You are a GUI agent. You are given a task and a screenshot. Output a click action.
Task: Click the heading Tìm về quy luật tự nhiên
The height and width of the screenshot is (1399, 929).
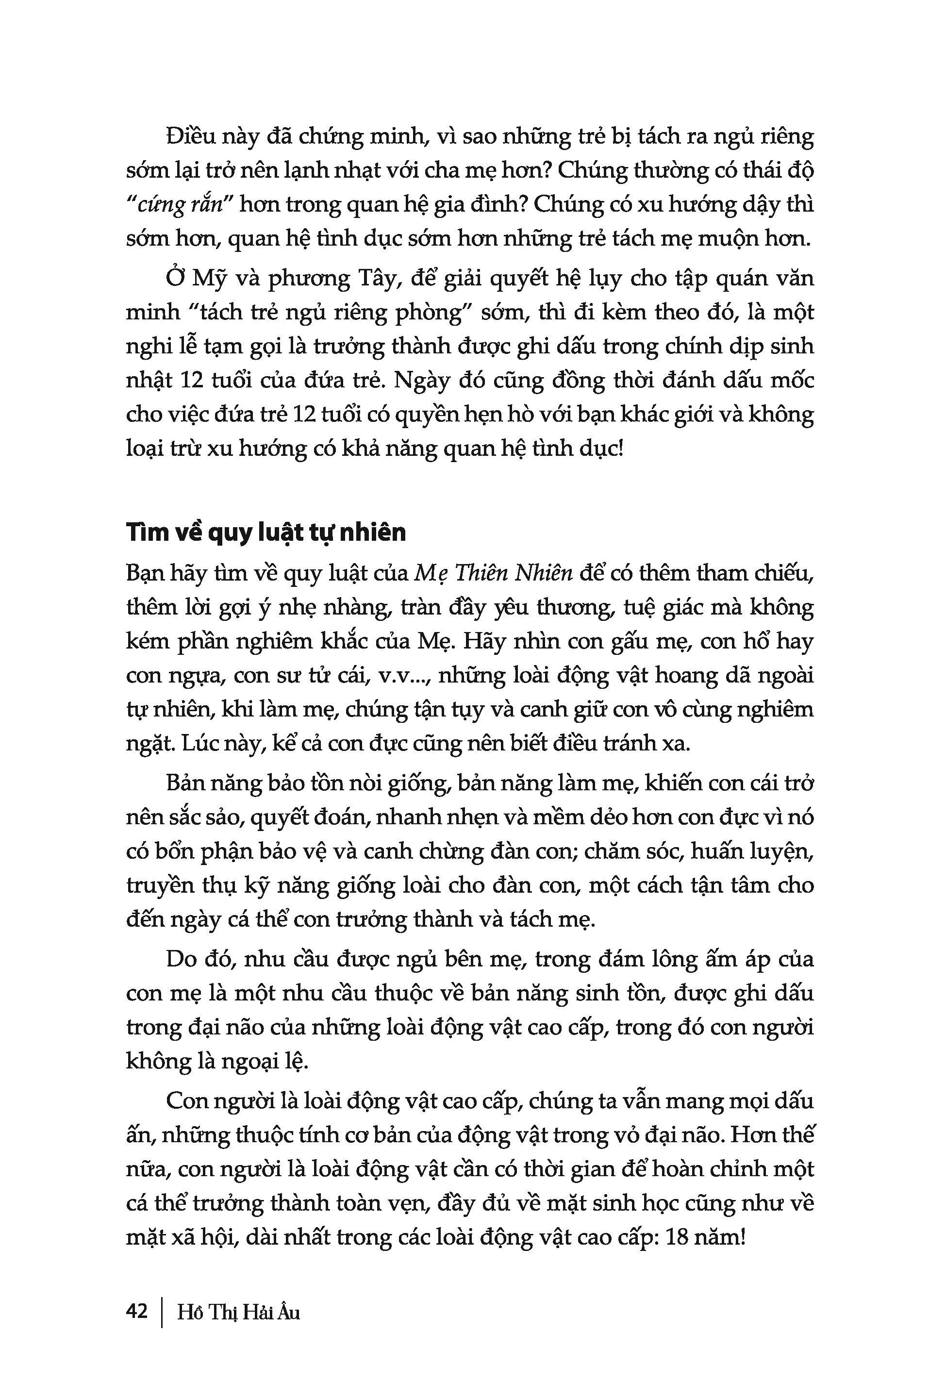[266, 533]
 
